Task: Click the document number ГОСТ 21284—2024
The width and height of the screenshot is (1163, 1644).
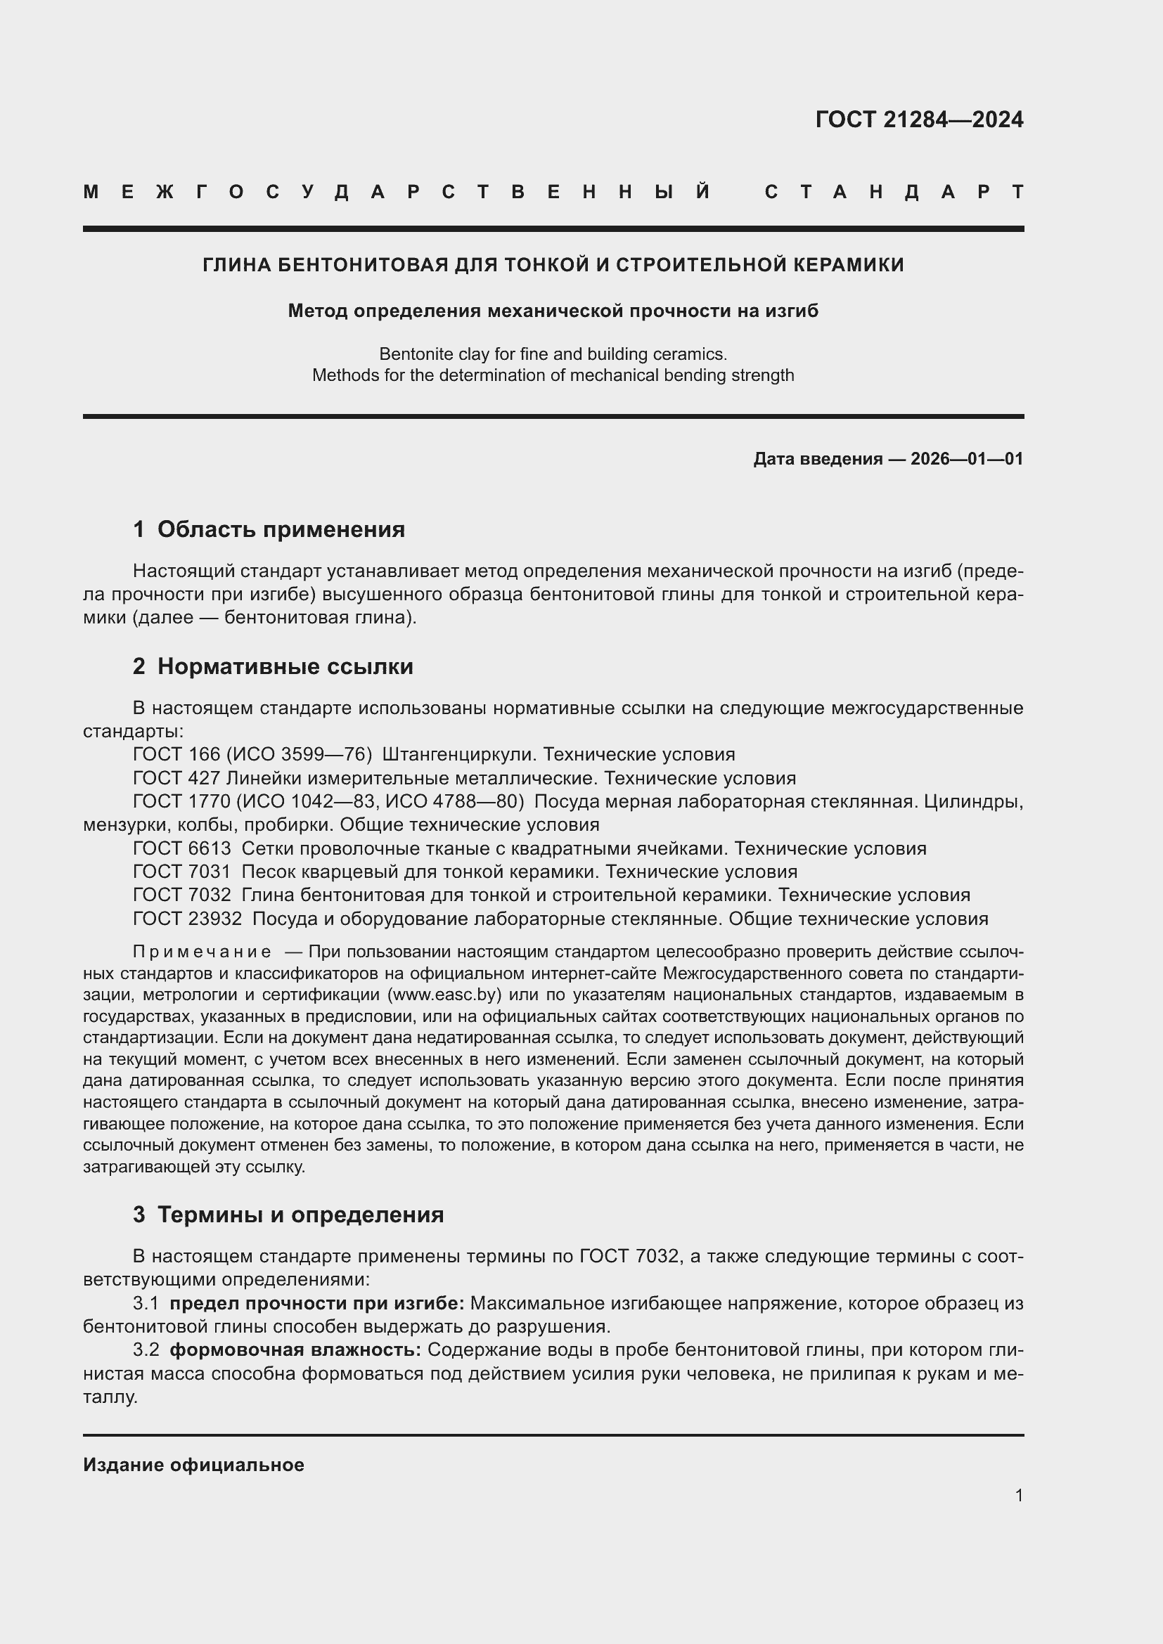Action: pyautogui.click(x=919, y=119)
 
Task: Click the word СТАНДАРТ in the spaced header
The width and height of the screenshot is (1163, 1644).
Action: pyautogui.click(x=894, y=192)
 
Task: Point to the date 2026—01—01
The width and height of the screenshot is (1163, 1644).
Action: pyautogui.click(x=966, y=459)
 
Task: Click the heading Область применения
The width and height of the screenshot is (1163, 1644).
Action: pyautogui.click(x=281, y=529)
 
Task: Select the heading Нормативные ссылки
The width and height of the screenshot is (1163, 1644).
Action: pyautogui.click(x=285, y=666)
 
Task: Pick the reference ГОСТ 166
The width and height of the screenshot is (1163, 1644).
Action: pyautogui.click(x=176, y=754)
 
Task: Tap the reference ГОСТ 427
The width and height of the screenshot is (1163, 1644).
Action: pyautogui.click(x=176, y=777)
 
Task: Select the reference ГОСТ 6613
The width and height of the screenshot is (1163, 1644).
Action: pyautogui.click(x=182, y=848)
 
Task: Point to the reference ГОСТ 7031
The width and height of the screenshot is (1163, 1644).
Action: pyautogui.click(x=182, y=872)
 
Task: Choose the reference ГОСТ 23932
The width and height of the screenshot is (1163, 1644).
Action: pyautogui.click(x=187, y=919)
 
